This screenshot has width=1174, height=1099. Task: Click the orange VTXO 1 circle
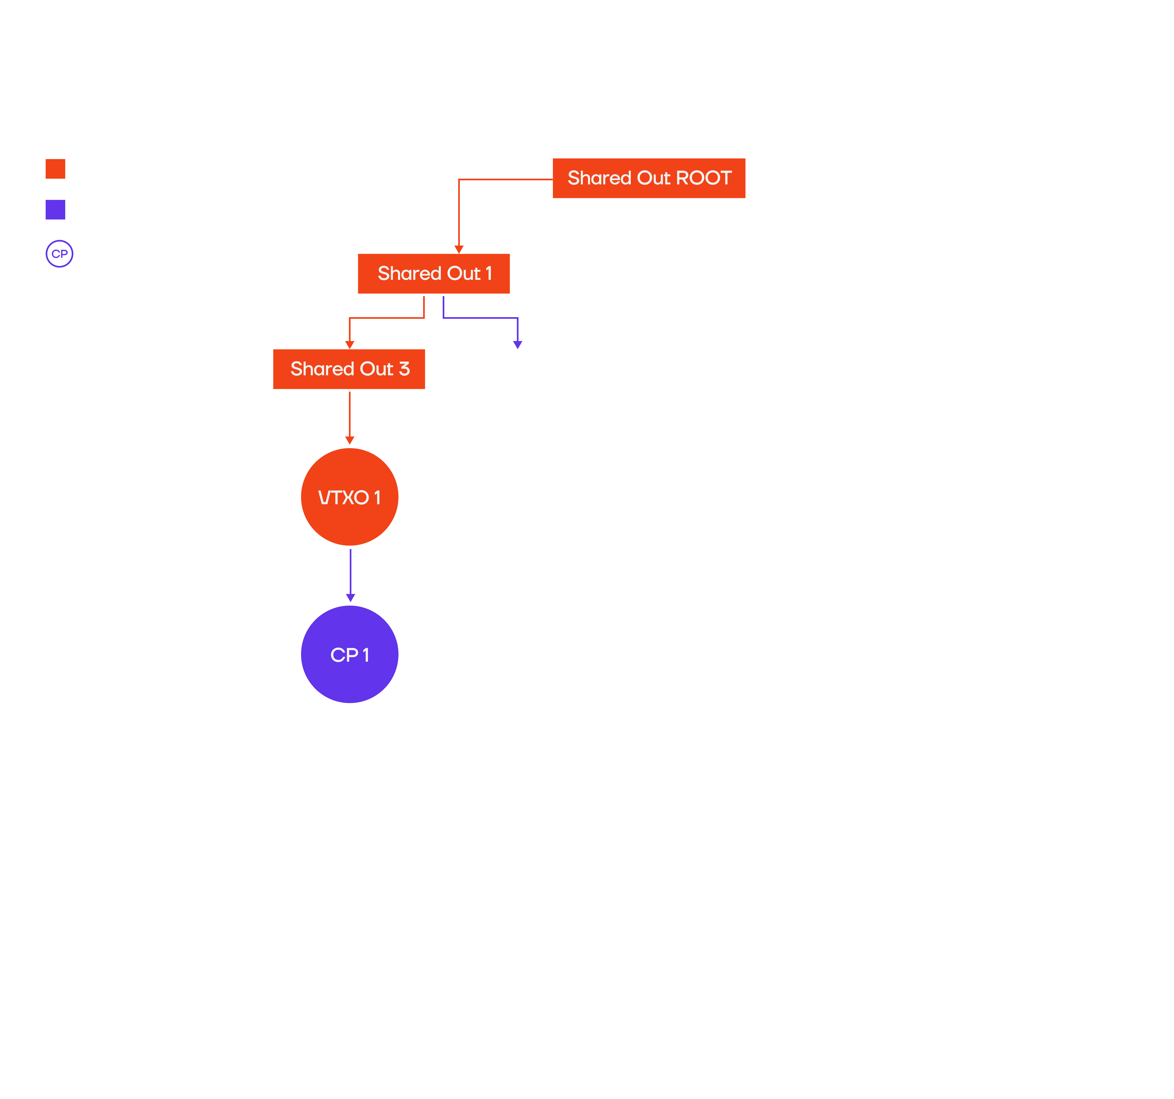point(350,497)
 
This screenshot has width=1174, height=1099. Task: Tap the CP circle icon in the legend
point(59,254)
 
